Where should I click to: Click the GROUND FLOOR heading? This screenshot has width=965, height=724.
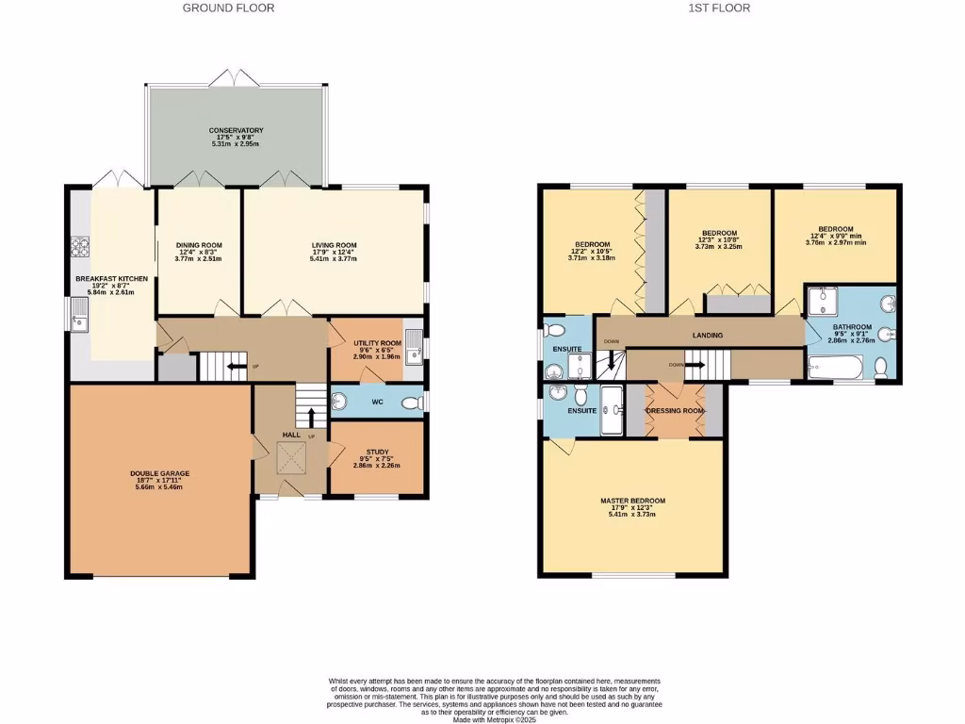[x=228, y=8]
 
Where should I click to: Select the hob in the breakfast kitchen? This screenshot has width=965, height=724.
[x=79, y=248]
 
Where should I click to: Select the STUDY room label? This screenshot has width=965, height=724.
[x=376, y=452]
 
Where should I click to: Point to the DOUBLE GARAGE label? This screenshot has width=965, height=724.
[x=159, y=475]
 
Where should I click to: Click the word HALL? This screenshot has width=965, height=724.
[x=293, y=435]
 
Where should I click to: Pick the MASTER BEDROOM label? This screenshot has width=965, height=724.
[x=632, y=501]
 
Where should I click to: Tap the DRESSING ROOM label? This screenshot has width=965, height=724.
[x=675, y=411]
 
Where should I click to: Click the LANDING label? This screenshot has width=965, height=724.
[x=707, y=335]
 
